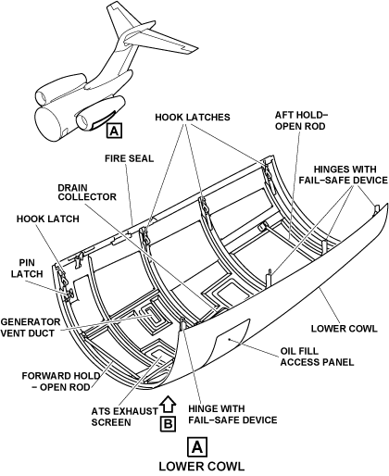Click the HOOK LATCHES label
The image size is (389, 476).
point(193,118)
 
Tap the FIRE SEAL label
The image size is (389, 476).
point(129,158)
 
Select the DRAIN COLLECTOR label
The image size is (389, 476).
point(87,193)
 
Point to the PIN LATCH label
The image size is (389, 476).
point(27,269)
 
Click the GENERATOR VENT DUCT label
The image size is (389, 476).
point(31,328)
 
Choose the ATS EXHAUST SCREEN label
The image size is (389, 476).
point(124,417)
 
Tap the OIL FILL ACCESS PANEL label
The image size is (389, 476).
point(317,357)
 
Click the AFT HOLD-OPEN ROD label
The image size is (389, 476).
point(301,120)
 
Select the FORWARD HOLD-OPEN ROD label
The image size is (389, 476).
point(61,382)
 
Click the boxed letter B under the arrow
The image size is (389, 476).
point(168,424)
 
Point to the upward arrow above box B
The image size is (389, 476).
point(168,404)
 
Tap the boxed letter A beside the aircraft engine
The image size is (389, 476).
point(114,131)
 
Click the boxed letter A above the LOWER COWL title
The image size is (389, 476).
point(197,446)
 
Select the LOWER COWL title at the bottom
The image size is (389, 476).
point(202,466)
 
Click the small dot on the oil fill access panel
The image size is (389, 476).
point(229,340)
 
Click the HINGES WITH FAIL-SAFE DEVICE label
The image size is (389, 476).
point(343,174)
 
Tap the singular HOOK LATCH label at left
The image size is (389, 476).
point(48,219)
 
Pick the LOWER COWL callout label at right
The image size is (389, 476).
point(344,328)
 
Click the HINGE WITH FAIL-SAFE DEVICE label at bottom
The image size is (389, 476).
point(232,414)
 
